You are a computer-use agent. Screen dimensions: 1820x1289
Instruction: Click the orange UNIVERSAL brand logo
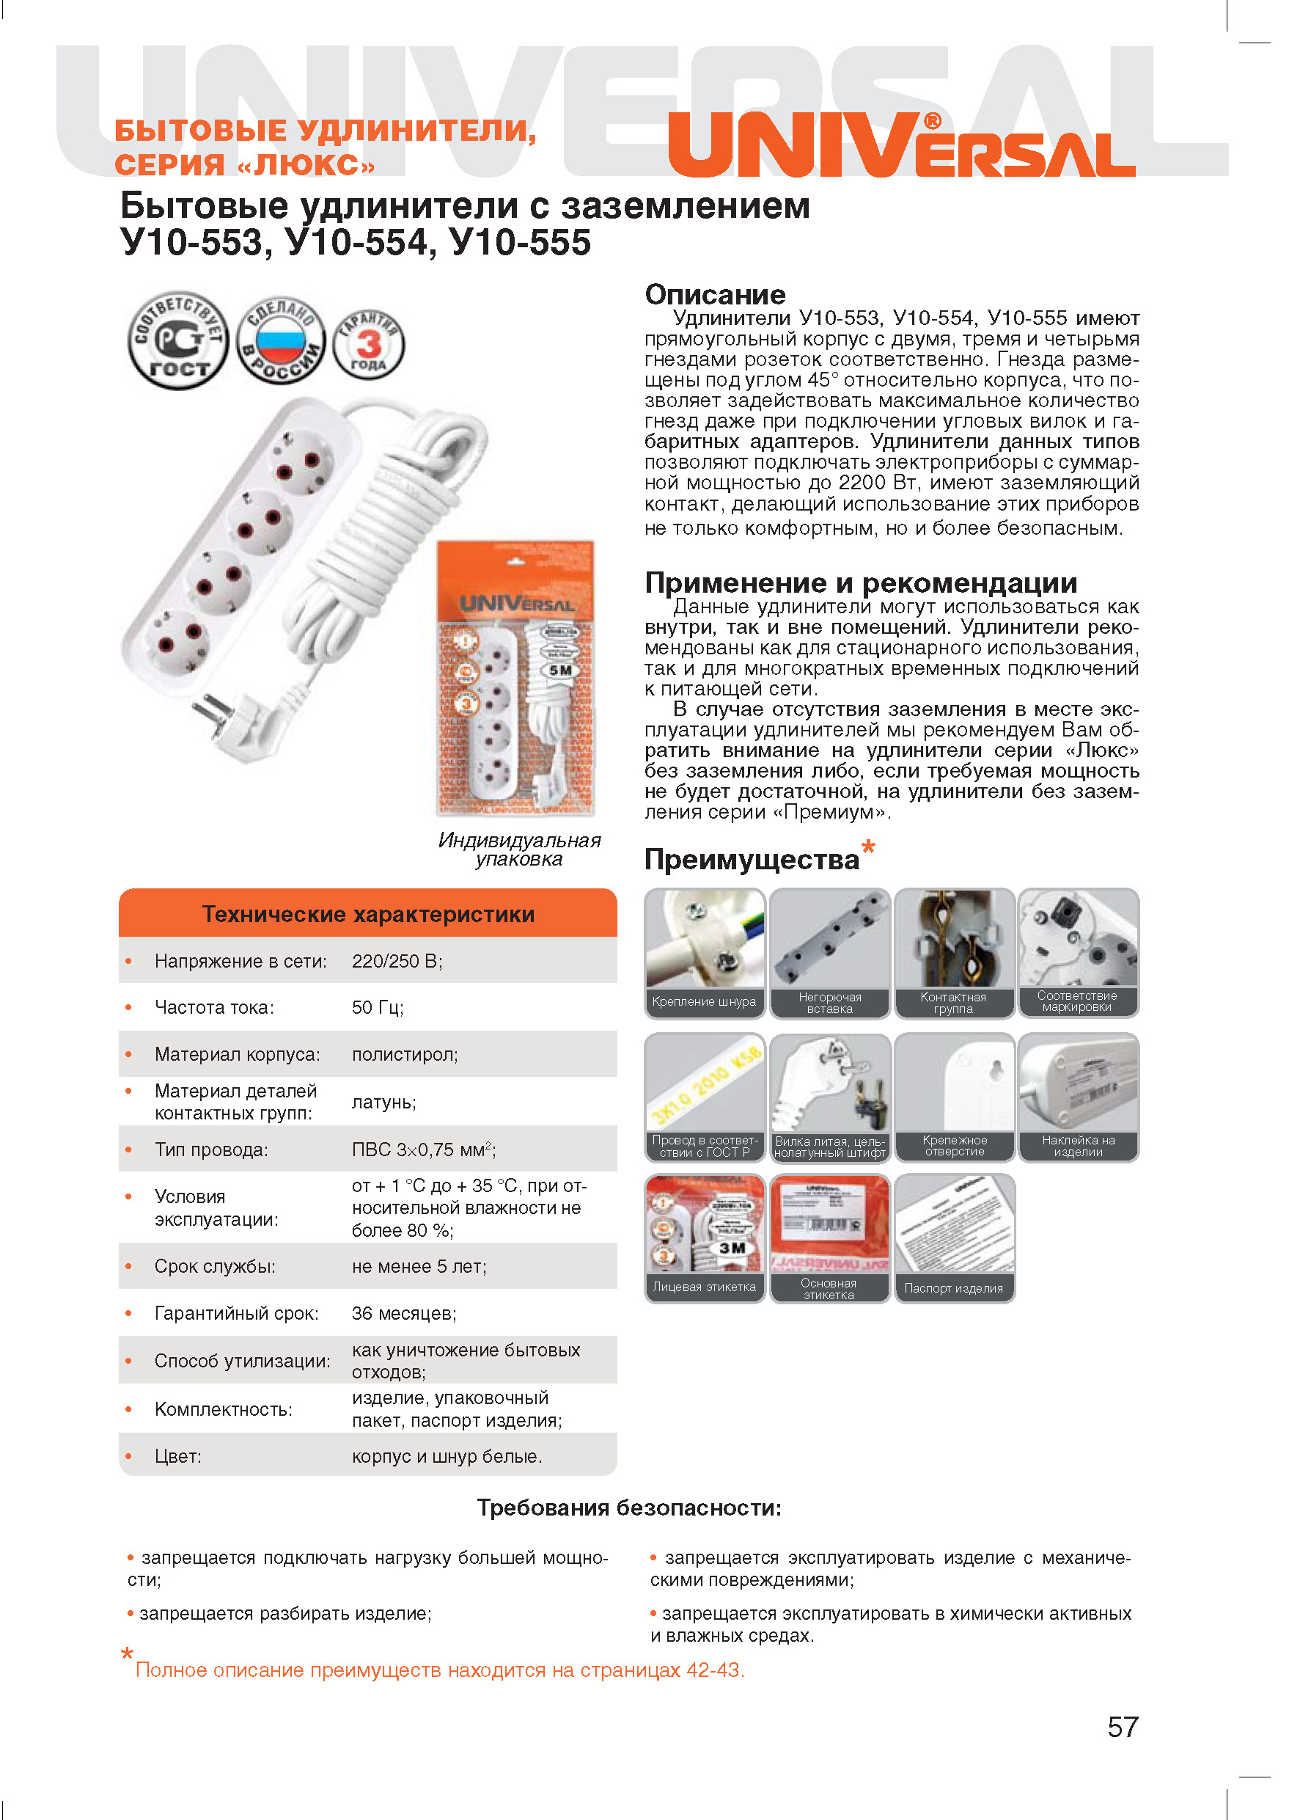(x=901, y=145)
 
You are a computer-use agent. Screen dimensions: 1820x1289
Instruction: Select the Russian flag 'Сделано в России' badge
(x=282, y=340)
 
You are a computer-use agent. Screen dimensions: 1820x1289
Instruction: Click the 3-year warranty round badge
(x=368, y=344)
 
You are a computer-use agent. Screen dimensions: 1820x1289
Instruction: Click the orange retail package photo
(x=516, y=679)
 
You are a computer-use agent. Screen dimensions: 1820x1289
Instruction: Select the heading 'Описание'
(x=714, y=295)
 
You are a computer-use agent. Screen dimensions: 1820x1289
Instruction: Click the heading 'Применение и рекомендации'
(x=860, y=583)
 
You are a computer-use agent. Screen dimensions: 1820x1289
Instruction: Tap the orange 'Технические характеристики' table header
(x=367, y=914)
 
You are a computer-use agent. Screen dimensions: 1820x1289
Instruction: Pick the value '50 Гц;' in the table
(x=378, y=1008)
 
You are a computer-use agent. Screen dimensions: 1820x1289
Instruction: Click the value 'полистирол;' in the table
(x=405, y=1055)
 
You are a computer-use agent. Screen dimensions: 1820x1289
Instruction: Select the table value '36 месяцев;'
(x=404, y=1313)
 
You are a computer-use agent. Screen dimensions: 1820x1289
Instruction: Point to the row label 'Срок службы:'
(x=215, y=1267)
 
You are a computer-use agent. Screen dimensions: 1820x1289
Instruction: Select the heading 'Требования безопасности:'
(x=628, y=1508)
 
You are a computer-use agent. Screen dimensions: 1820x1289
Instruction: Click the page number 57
(x=1123, y=1727)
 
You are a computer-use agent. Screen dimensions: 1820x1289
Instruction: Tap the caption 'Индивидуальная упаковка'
(x=519, y=849)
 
